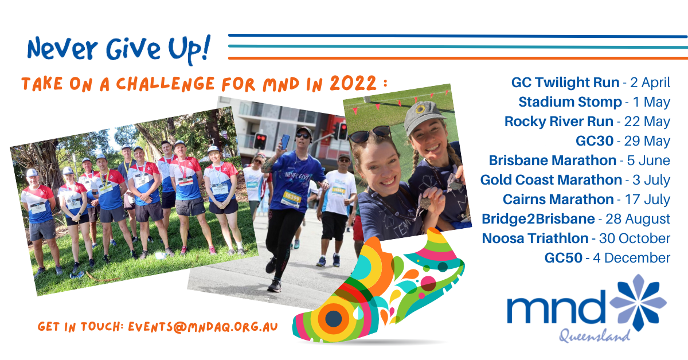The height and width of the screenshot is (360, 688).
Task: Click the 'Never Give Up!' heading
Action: [119, 49]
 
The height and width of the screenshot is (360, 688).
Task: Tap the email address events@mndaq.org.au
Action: [203, 327]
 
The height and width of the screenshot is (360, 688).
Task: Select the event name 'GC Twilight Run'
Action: [565, 83]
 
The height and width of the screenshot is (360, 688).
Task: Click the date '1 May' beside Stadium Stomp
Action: [651, 102]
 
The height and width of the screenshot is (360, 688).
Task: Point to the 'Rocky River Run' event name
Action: [559, 122]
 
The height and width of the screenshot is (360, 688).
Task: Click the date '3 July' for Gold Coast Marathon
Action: [651, 180]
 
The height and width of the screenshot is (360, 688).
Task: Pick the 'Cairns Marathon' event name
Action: [558, 199]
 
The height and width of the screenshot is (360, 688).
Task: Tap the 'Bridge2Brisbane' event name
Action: [538, 219]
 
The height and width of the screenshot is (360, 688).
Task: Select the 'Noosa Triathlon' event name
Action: [535, 238]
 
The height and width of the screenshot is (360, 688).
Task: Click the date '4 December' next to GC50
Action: [631, 258]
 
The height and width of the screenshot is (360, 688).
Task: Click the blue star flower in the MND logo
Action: [638, 303]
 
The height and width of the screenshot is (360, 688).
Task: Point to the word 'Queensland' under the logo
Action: [595, 336]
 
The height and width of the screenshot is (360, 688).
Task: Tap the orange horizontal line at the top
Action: [458, 58]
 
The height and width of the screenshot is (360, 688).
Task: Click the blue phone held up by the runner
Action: [285, 142]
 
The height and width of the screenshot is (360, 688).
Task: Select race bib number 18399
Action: [292, 198]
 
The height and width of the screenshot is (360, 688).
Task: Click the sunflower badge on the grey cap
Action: [420, 109]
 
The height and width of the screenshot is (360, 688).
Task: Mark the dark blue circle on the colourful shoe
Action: [333, 319]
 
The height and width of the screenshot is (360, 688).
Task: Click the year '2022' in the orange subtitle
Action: [353, 83]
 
